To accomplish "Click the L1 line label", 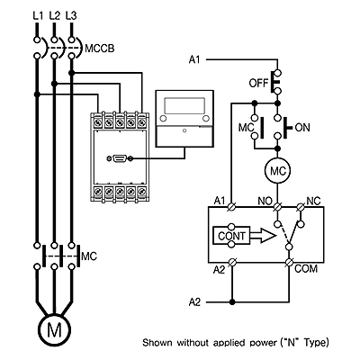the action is point(38,15).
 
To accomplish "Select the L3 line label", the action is point(71,15).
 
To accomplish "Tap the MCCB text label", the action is point(100,49).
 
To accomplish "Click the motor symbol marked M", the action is point(54,330).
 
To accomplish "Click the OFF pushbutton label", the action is point(258,83).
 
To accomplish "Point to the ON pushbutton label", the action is point(302,128).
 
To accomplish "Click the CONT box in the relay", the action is point(231,236).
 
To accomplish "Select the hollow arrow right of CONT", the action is point(263,236).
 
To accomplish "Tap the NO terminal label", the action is point(265,202).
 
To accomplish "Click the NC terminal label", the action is point(313,201).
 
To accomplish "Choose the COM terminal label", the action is point(306,268).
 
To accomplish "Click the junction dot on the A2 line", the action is point(231,301).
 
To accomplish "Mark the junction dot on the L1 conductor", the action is point(37,94).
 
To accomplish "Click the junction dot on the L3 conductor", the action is point(71,73).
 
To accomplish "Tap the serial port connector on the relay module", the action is point(120,158).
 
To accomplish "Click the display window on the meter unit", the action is point(184,105).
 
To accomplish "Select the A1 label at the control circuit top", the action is point(194,59).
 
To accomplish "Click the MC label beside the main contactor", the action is point(89,256).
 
